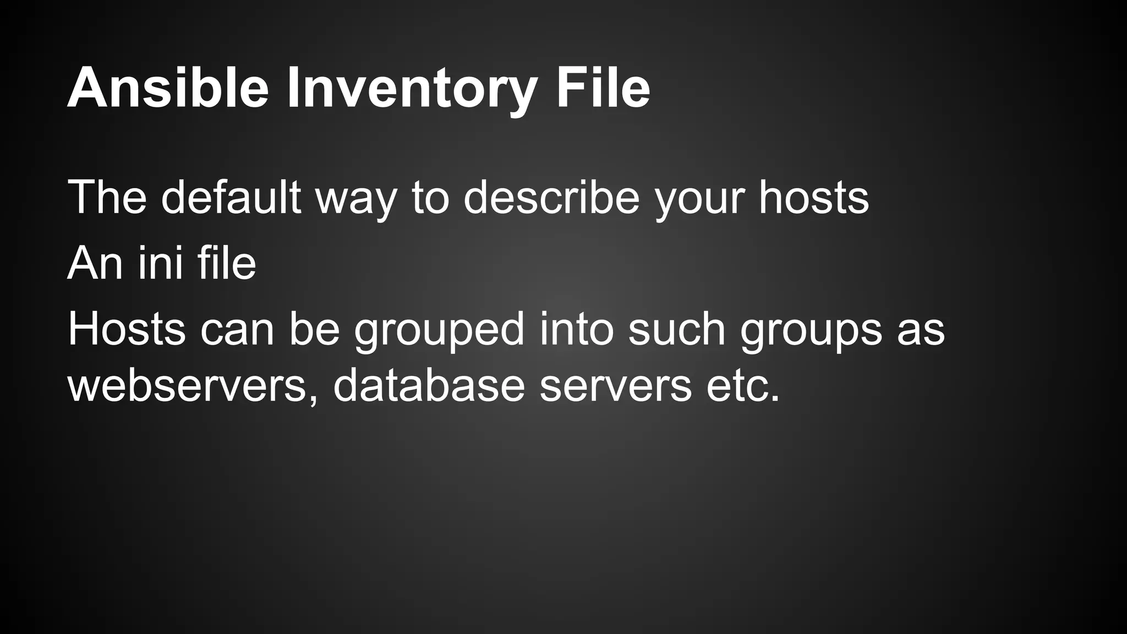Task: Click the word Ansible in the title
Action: [168, 88]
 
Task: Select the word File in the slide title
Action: [603, 88]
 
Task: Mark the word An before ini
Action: [95, 263]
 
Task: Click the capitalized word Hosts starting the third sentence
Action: [127, 329]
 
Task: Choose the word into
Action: [576, 329]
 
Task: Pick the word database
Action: [429, 386]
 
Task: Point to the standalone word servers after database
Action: [616, 386]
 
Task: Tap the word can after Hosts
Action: [237, 329]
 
